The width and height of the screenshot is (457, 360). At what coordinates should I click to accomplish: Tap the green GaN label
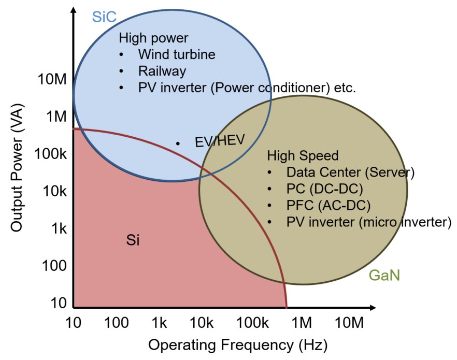click(x=384, y=275)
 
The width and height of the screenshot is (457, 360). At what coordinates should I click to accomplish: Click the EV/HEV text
click(x=219, y=141)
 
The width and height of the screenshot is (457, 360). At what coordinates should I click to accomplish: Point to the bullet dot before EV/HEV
click(x=178, y=143)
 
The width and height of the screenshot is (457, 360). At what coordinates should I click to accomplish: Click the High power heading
click(x=153, y=38)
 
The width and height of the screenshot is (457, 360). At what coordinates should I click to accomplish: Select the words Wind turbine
click(x=176, y=54)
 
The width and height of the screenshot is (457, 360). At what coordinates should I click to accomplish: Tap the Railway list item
click(x=162, y=70)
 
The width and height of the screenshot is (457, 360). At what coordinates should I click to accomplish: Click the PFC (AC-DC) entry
click(x=328, y=205)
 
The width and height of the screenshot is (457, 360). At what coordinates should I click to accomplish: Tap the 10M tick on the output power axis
click(x=52, y=79)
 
